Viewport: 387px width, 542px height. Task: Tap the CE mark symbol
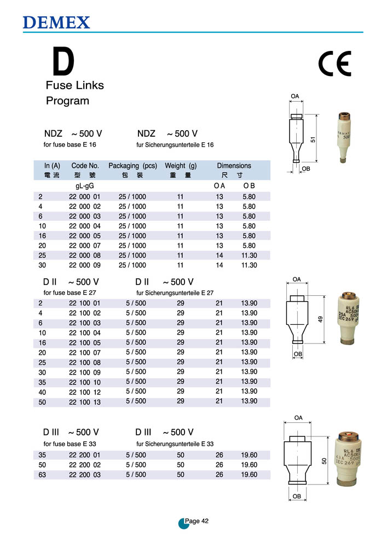coord(334,65)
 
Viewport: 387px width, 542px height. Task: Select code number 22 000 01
coord(85,197)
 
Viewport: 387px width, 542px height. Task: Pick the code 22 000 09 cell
coord(85,265)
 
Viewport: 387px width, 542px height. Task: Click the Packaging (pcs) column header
coord(132,166)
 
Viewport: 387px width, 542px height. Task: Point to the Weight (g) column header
coord(181,166)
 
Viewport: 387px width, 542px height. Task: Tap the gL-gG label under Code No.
coord(85,186)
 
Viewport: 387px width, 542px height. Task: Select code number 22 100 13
coord(85,401)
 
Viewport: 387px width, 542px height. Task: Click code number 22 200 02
coord(85,465)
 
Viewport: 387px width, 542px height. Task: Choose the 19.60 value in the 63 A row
coord(249,475)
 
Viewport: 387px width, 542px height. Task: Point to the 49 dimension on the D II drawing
coord(321,319)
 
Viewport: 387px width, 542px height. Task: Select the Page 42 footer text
coord(197,521)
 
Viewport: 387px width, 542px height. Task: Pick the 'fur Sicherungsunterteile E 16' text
coord(175,145)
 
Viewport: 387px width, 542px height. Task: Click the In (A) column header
coord(52,166)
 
